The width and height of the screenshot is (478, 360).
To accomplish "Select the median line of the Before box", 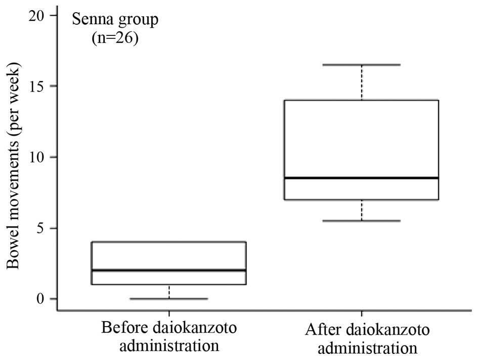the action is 169,270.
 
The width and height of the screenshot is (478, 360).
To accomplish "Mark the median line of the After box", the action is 361,178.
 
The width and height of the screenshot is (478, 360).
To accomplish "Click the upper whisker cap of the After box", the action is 361,65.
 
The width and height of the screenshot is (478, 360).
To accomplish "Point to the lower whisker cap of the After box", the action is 361,221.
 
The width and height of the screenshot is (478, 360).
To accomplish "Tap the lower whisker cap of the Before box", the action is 169,299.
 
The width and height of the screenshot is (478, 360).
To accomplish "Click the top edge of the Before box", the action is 169,242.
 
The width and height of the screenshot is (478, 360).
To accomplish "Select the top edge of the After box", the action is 361,100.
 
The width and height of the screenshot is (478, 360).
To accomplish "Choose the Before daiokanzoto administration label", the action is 169,336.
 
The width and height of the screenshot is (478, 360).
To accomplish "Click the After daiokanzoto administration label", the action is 361,339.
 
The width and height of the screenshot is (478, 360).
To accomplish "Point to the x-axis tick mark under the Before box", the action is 169,313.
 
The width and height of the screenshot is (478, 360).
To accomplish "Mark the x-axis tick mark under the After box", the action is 361,313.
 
